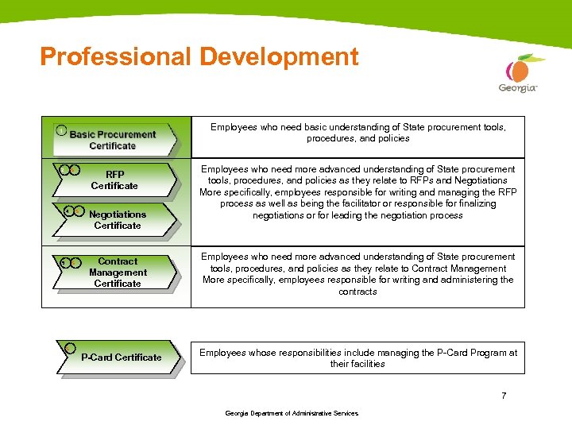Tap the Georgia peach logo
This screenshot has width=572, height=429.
pos(518,69)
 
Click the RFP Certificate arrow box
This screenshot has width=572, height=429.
pos(114,180)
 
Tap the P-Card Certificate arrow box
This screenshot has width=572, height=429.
pos(120,357)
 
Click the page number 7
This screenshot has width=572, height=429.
pos(504,396)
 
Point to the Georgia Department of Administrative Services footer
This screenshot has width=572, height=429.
pos(292,413)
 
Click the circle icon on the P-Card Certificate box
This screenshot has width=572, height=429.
pos(70,348)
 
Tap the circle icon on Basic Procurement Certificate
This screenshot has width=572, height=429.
pos(61,130)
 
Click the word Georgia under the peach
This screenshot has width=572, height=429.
pos(517,88)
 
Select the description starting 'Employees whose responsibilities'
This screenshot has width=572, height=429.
pos(357,358)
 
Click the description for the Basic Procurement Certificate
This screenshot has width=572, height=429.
pos(357,133)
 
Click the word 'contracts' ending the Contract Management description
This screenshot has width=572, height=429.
pos(357,292)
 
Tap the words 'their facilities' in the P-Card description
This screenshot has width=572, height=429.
pos(357,364)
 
